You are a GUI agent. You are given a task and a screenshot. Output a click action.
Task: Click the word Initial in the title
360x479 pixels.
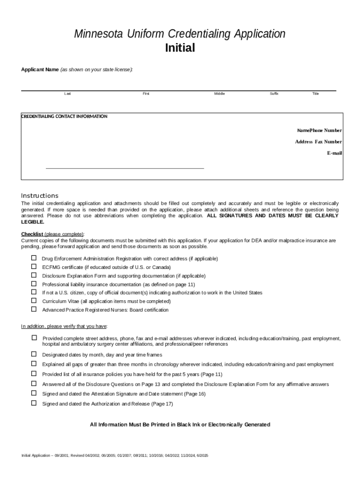point(180,48)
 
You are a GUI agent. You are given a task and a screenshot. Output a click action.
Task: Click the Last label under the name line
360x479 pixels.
point(68,94)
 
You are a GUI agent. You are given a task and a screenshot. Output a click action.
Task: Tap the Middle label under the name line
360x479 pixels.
point(219,94)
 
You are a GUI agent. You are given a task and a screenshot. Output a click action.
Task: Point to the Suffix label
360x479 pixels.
point(274,94)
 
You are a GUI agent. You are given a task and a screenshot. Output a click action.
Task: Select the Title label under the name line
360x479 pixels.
point(316,94)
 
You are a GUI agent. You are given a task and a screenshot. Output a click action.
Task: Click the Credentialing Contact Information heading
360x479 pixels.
point(65,116)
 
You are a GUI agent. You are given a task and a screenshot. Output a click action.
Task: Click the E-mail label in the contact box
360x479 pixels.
point(334,153)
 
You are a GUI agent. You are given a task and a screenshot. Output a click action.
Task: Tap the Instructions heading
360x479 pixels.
point(40,196)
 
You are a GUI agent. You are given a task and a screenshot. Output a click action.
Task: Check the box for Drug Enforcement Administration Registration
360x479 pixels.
point(34,258)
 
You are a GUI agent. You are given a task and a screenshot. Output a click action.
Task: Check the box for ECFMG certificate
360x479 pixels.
point(34,267)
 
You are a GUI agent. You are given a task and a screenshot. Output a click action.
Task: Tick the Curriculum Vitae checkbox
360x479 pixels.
point(34,301)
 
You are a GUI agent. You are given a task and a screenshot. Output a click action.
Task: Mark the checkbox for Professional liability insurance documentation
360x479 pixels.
point(34,284)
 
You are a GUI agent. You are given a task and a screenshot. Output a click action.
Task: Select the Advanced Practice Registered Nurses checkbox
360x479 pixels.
point(34,309)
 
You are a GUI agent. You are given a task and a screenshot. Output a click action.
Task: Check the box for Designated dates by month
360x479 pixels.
point(34,354)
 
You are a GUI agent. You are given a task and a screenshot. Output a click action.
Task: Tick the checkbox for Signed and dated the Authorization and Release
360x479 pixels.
point(34,403)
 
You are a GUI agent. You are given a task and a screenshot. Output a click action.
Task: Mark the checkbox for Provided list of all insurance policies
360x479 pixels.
point(34,374)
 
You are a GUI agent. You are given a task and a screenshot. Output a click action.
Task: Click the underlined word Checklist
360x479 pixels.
point(32,234)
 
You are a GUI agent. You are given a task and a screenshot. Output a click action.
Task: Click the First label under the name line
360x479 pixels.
point(146,94)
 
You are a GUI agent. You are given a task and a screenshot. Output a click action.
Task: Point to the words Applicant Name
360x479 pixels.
point(40,70)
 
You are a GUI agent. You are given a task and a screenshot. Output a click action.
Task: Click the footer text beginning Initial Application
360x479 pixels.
point(115,456)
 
